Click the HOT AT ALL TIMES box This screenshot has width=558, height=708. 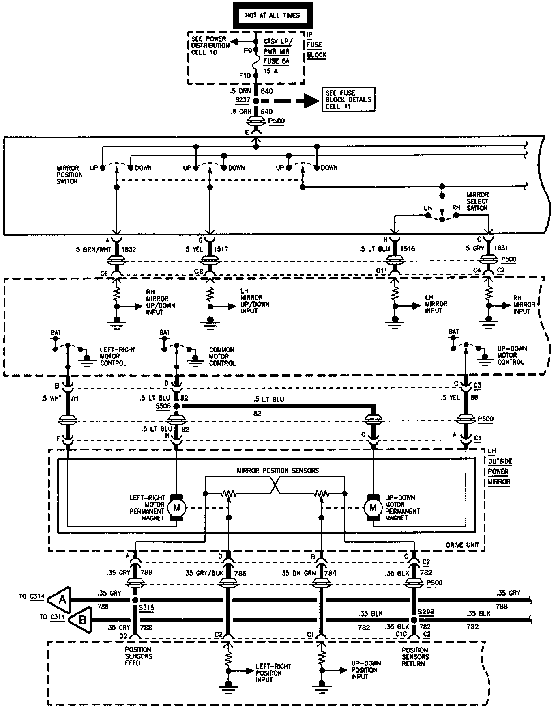pyautogui.click(x=272, y=16)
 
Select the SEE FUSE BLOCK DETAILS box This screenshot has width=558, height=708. pyautogui.click(x=348, y=99)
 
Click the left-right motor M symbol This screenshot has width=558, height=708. pyautogui.click(x=176, y=507)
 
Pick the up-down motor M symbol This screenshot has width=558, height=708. pyautogui.click(x=373, y=507)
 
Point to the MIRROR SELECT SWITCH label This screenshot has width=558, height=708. pyautogui.click(x=477, y=201)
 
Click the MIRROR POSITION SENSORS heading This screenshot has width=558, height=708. pyautogui.click(x=278, y=471)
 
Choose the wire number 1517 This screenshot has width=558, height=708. pyautogui.click(x=221, y=249)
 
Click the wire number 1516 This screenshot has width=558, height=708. pyautogui.click(x=408, y=249)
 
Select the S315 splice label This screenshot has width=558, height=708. pyautogui.click(x=146, y=608)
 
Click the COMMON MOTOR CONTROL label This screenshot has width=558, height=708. pyautogui.click(x=221, y=356)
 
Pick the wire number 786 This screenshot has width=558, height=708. pyautogui.click(x=240, y=574)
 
